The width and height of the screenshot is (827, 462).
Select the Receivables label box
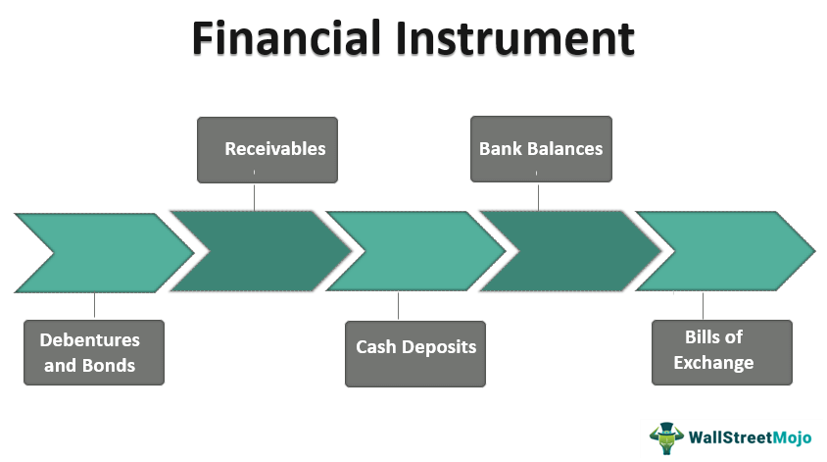click(268, 150)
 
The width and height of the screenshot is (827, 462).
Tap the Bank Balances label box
click(540, 150)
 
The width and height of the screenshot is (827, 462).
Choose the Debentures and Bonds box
click(94, 352)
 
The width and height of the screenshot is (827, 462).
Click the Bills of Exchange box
click(721, 351)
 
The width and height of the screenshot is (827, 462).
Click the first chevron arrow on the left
click(103, 252)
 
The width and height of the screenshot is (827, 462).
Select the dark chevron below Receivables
click(260, 251)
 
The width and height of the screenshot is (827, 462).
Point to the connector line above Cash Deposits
click(398, 307)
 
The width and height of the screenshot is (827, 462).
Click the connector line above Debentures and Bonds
click(94, 306)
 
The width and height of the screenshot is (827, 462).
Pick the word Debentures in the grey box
click(90, 340)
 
